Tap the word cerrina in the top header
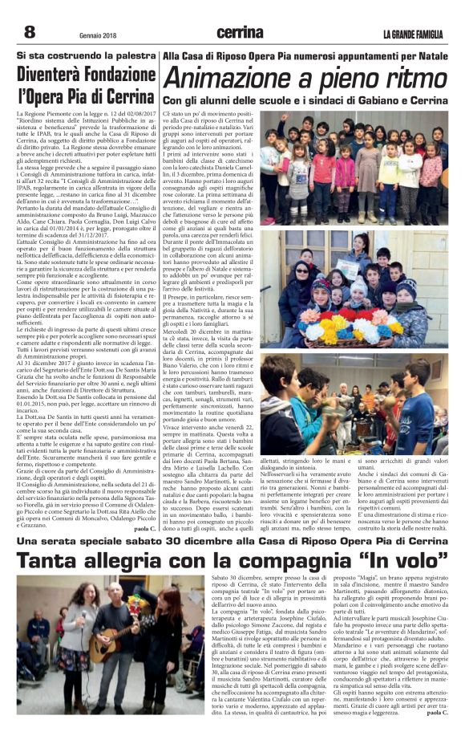click(x=239, y=33)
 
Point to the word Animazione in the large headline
click(x=237, y=79)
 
